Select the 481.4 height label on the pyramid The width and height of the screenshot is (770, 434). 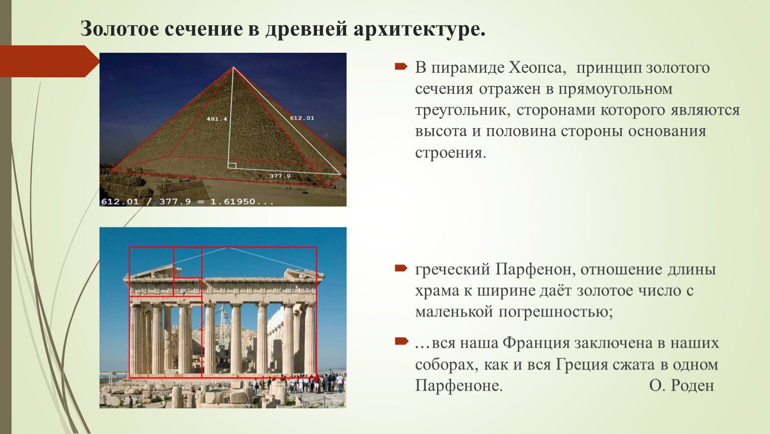(217, 119)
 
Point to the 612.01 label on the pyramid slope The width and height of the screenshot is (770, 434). (302, 118)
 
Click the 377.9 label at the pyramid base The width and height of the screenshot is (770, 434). (280, 176)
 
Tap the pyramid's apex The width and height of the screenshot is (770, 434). (233, 67)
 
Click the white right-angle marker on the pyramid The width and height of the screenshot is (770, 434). (232, 166)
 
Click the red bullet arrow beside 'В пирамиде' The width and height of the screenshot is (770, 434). (401, 66)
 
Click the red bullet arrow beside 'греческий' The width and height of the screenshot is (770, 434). (401, 268)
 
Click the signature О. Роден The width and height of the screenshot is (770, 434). (682, 386)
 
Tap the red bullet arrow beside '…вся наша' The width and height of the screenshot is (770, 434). (401, 341)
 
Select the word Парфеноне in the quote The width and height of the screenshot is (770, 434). (459, 386)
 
